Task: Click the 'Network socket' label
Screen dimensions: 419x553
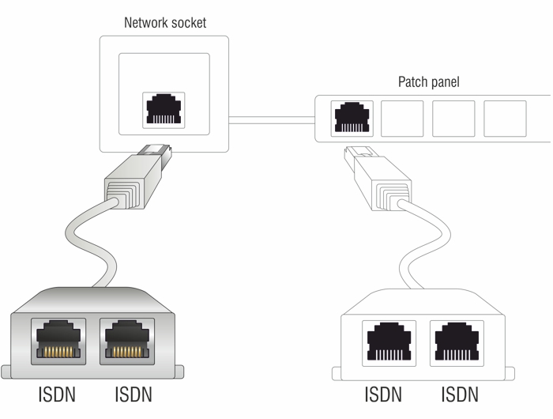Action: [165, 22]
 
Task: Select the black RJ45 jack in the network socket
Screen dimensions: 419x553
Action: [164, 111]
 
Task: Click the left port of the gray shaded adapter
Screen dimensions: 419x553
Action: [58, 340]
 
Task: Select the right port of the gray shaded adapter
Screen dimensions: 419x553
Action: [126, 340]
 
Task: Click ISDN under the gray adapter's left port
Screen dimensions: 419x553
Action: [58, 394]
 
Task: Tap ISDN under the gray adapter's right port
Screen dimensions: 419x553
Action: [132, 394]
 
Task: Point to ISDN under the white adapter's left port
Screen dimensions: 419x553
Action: [384, 394]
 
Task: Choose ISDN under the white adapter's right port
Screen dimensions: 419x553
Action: [460, 394]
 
